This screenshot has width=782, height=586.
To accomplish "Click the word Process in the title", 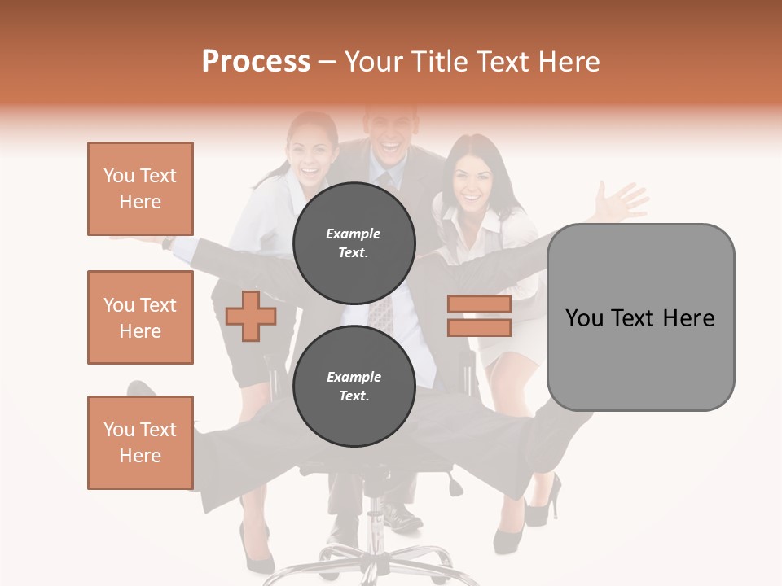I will [x=256, y=61].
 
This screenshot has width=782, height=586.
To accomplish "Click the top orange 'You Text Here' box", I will [x=140, y=189].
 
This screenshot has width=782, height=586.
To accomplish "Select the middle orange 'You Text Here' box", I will [x=140, y=317].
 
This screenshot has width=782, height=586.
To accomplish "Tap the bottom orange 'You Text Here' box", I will [x=140, y=443].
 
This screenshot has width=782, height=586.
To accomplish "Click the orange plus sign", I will [x=251, y=316].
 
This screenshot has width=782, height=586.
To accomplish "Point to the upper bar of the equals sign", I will [x=479, y=304].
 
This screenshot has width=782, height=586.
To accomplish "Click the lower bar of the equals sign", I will [x=479, y=328].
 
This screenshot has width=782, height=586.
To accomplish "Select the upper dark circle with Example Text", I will [x=354, y=243].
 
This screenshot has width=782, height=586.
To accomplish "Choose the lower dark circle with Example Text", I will [x=354, y=386].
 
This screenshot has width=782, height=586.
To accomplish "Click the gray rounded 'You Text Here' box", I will [x=640, y=317].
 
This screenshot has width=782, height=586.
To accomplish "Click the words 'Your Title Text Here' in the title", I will [x=472, y=61].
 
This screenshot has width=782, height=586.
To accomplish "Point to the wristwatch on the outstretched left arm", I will [x=167, y=243].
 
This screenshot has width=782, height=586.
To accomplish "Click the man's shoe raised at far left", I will [x=140, y=389].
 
